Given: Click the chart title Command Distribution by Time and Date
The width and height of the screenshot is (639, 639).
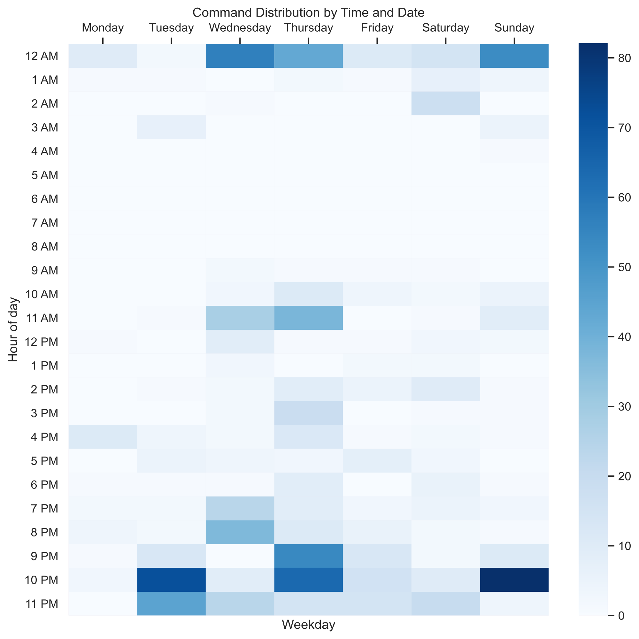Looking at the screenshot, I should (308, 12).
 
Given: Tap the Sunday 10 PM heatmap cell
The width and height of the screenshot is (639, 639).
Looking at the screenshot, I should (514, 580).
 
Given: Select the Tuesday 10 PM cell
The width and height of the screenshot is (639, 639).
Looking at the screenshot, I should (171, 580).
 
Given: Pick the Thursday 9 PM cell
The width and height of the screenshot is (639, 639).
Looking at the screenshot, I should (308, 556).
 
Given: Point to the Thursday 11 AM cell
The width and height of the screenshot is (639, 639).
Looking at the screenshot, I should (308, 318).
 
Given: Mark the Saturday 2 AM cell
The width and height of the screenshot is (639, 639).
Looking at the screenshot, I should (445, 104).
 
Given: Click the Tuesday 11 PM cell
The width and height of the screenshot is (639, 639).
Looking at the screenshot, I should (171, 604).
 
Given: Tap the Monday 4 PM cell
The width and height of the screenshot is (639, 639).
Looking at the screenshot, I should (103, 437).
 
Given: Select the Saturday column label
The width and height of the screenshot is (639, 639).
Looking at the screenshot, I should (445, 28).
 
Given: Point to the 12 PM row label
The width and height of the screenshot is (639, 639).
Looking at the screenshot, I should (41, 342).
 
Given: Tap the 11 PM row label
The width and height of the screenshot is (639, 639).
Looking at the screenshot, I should (41, 604).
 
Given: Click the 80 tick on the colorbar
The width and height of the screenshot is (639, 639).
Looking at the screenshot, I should (624, 58).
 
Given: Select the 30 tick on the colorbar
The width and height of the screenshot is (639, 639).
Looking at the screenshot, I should (624, 406).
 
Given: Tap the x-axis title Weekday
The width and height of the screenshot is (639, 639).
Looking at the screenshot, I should (308, 624).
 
